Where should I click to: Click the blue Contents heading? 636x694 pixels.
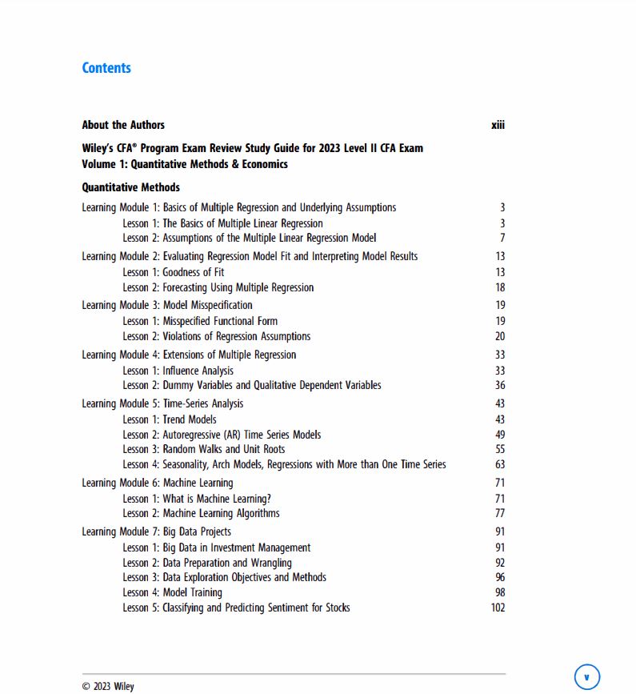coord(106,68)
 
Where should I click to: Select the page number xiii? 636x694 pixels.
coord(498,125)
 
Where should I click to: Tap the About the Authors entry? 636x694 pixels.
coord(123,125)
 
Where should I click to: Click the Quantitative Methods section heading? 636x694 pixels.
coord(130,187)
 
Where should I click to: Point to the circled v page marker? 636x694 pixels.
coord(586,677)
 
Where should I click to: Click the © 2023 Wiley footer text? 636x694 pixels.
coord(108,686)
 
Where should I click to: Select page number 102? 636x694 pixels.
coord(498,608)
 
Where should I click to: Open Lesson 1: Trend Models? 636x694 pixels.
coord(170,419)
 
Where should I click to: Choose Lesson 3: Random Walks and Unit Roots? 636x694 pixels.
coord(204,449)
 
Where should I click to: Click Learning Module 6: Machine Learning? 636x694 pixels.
coord(158,483)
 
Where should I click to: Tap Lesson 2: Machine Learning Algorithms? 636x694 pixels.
coord(201,513)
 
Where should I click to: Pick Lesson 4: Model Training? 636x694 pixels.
coord(172,592)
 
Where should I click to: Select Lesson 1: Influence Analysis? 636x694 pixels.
coord(178,371)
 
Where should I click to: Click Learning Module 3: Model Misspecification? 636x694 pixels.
coord(167,305)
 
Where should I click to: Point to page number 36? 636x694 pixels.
coord(500,385)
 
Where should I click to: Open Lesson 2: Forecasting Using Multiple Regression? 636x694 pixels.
coord(218,287)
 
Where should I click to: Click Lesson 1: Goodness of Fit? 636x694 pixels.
coord(174,272)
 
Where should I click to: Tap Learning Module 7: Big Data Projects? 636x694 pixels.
coord(157,532)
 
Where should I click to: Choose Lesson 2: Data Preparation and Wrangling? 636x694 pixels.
coord(207,563)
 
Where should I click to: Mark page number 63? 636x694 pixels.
coord(500,464)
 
